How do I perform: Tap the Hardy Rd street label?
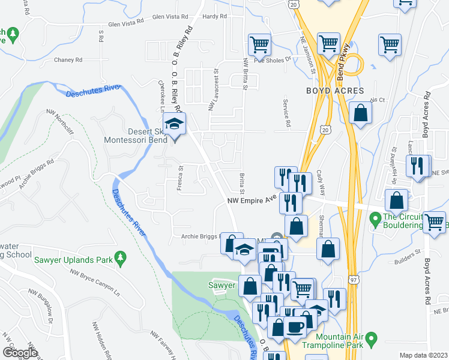point(212,17)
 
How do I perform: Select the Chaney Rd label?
point(67,60)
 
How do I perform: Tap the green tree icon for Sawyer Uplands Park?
point(121,259)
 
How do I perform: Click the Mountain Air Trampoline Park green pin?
point(372,340)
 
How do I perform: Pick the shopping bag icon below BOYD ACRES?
point(361,114)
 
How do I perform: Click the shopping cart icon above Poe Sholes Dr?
point(259,44)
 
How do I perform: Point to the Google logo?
point(19,353)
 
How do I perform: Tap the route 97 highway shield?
point(354,280)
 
